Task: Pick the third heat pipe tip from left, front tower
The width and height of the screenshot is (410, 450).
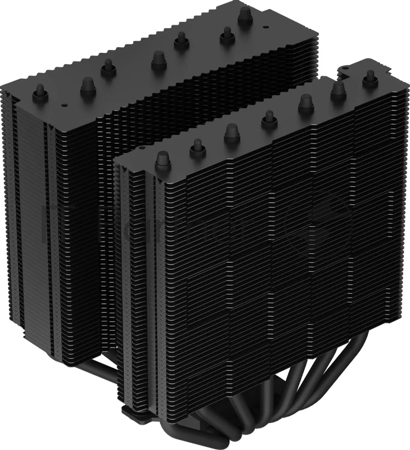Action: click(232, 131)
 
